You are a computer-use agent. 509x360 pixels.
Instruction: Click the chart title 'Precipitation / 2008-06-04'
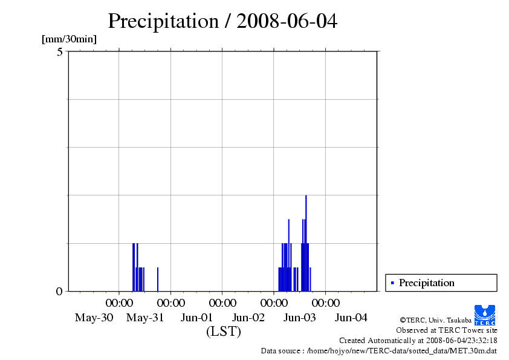click(222, 22)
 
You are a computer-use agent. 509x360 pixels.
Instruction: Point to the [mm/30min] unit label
click(69, 39)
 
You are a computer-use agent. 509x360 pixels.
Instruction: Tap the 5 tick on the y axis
click(59, 52)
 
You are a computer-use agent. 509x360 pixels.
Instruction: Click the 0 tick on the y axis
click(59, 292)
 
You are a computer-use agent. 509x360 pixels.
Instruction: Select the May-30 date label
click(94, 318)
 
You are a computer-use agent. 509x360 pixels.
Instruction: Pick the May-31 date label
click(145, 318)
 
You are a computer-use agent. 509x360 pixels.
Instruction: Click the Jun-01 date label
click(196, 318)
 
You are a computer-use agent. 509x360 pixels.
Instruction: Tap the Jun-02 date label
click(248, 318)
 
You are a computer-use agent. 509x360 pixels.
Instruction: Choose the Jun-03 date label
click(300, 318)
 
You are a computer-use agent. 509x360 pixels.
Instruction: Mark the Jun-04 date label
click(351, 318)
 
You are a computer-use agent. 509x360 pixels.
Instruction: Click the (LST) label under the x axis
click(223, 332)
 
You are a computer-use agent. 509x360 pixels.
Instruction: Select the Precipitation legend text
click(426, 283)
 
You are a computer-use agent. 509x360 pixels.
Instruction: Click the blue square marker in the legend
click(392, 283)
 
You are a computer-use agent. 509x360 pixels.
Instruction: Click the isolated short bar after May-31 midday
click(158, 280)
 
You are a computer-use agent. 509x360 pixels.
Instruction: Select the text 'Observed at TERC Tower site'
click(446, 330)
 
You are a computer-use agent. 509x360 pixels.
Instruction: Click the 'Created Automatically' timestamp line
click(418, 341)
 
